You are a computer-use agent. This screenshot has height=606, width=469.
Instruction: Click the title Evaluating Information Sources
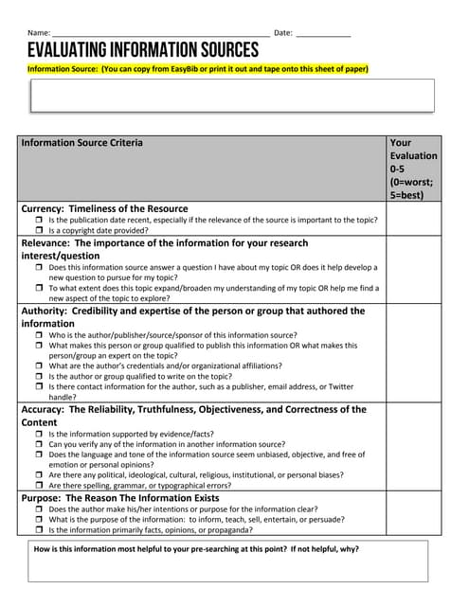[x=142, y=50]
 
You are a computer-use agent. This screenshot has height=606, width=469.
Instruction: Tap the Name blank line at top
[x=161, y=34]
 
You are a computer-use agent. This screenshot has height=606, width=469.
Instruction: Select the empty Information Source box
[x=232, y=96]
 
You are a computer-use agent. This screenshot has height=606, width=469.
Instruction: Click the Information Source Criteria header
[x=82, y=143]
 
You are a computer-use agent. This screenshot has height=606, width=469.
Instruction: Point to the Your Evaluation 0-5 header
[x=413, y=169]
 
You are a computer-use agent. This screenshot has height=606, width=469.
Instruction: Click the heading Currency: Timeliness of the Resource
[x=104, y=208]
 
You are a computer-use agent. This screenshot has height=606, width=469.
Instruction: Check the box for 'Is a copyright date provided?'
[x=39, y=230]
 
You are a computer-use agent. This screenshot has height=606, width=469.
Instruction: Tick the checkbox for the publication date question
[x=39, y=220]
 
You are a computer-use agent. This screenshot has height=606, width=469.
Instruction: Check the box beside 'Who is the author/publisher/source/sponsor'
[x=39, y=335]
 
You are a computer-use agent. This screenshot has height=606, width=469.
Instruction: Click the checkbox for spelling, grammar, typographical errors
[x=39, y=486]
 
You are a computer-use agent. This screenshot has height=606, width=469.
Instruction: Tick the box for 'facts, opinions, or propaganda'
[x=39, y=530]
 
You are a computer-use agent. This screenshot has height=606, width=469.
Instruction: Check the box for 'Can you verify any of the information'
[x=39, y=444]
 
